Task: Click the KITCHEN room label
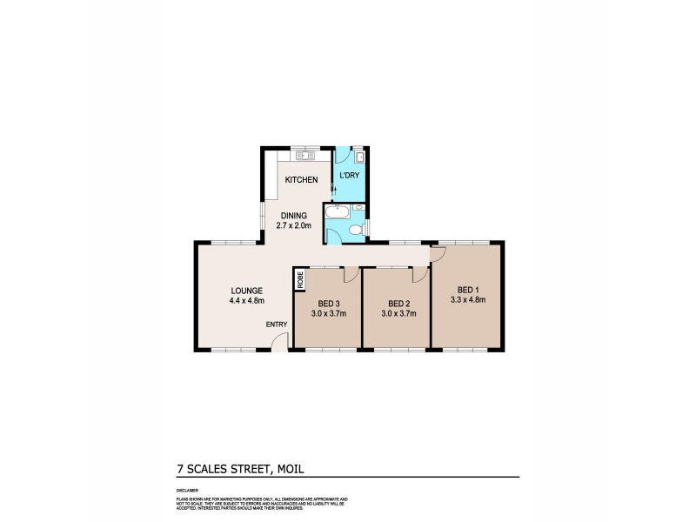(x=302, y=180)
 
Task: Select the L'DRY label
(x=350, y=177)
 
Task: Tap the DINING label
(x=295, y=215)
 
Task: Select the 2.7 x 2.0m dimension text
(x=295, y=224)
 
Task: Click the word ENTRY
(x=277, y=325)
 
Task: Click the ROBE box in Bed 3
(x=300, y=280)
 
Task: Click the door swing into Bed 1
(x=440, y=252)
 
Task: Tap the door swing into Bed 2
(x=420, y=275)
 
